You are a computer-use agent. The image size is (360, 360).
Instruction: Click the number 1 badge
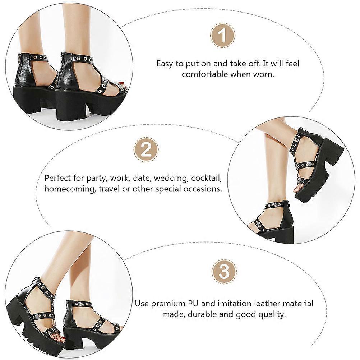(223, 35)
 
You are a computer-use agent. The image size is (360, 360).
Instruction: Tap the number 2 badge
(146, 150)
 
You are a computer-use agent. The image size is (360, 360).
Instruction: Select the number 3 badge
(224, 271)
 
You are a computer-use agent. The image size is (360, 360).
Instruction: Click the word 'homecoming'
(70, 189)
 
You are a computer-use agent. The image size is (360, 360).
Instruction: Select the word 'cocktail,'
(206, 178)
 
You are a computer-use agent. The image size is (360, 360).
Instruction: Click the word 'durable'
(202, 314)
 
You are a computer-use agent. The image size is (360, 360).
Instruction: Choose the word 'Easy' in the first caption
(165, 64)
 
